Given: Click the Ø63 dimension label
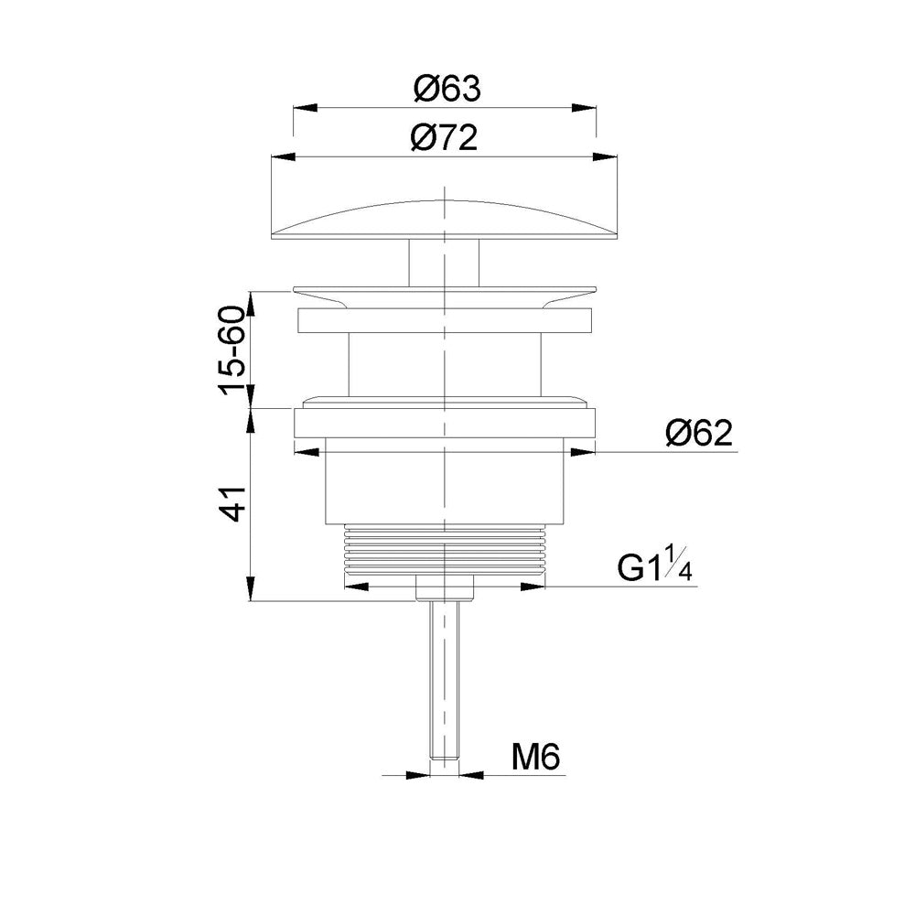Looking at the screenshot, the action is pos(447,90).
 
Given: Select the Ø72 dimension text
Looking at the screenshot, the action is pos(444,138).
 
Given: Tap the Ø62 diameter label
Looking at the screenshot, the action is pos(698,434).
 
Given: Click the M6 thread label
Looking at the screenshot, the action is pos(535,758).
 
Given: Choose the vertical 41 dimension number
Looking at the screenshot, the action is pos(232,502).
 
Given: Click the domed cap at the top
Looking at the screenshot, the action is pos(445,220).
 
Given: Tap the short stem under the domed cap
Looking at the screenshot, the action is pos(444,263).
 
